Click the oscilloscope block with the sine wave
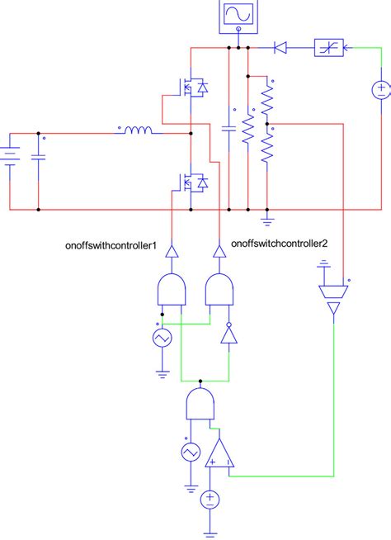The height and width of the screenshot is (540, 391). [238, 17]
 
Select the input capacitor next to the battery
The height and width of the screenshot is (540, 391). [38, 157]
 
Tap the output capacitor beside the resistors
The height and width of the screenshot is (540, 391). [228, 129]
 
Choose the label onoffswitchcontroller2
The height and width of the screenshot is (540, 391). [280, 244]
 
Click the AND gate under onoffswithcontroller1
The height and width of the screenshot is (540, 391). [170, 291]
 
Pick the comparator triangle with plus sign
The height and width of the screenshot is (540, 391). [219, 452]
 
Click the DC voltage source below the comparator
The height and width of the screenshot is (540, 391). [210, 497]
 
